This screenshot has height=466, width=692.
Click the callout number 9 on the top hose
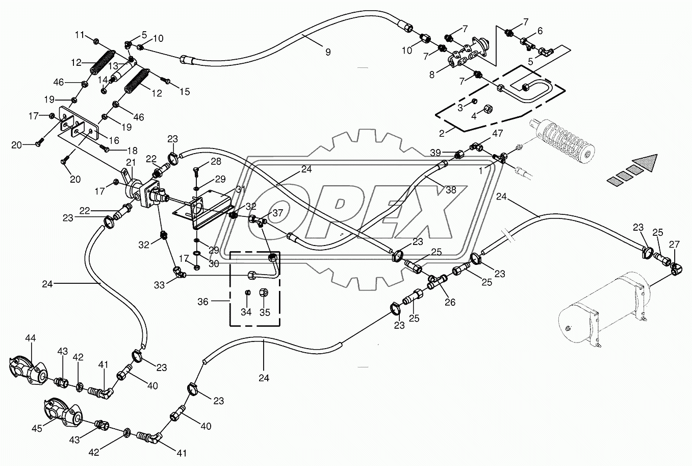[328, 52]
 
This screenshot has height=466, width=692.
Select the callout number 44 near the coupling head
[31, 338]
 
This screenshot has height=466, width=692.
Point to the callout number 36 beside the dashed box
[203, 302]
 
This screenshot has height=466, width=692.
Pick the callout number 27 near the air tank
[674, 243]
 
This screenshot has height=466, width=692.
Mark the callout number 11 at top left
[79, 35]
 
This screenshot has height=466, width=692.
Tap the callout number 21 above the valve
[131, 162]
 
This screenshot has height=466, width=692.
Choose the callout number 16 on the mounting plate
[114, 139]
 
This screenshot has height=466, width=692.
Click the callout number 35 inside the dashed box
[264, 312]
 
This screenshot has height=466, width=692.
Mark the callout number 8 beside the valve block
[432, 75]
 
